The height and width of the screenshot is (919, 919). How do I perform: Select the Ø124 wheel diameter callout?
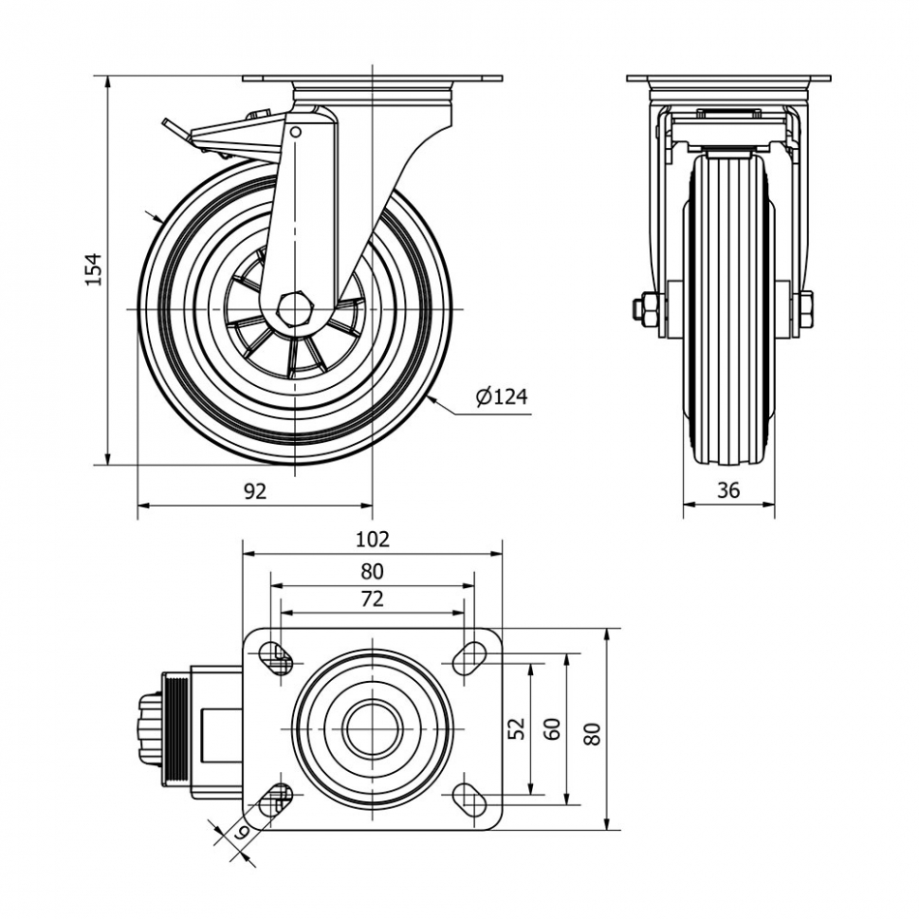[501, 396]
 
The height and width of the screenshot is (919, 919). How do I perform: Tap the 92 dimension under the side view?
[253, 491]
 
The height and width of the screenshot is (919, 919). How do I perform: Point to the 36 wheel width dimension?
[728, 490]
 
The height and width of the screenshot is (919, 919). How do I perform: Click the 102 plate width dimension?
[372, 540]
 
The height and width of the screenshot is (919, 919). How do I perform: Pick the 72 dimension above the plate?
[372, 599]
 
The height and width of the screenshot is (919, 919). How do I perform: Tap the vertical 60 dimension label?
[552, 727]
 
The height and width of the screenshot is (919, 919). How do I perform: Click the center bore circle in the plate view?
[372, 728]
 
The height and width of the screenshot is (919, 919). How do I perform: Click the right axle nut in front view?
[804, 309]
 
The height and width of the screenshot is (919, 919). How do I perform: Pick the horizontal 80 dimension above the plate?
[372, 571]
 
